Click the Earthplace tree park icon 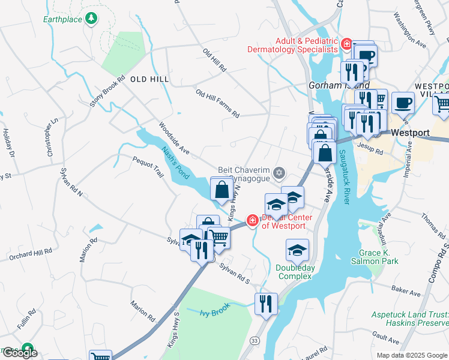click(x=91, y=19)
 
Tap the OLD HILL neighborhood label click(x=146, y=79)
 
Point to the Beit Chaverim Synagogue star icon click(x=279, y=173)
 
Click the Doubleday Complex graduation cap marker click(x=298, y=249)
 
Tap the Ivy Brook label click(x=214, y=312)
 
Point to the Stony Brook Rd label click(x=107, y=91)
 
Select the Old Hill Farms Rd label click(x=217, y=104)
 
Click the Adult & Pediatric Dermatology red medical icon click(x=346, y=44)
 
